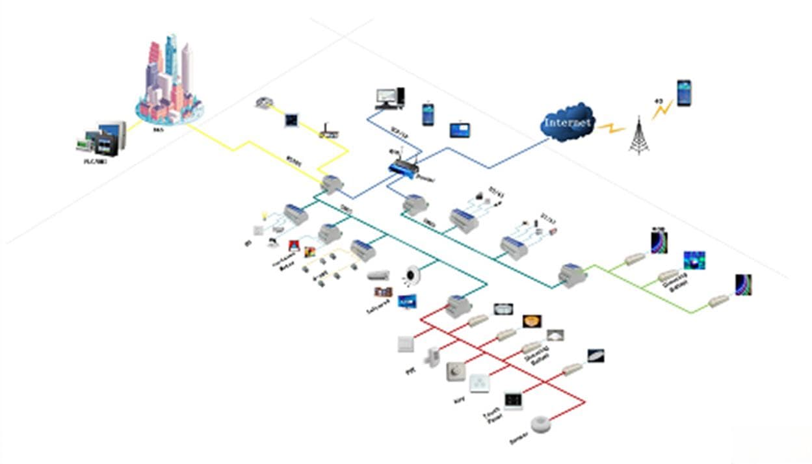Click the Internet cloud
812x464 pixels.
point(568,122)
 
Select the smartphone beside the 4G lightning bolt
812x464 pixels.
point(683,93)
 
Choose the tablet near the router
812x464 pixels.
point(460,129)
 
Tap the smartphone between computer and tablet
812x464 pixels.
point(428,114)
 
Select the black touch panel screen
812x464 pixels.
point(513,400)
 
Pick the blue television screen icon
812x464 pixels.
point(407,302)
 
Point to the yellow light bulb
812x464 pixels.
point(265,214)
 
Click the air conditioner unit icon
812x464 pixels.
point(378,276)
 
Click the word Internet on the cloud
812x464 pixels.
point(568,122)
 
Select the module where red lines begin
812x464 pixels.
point(459,305)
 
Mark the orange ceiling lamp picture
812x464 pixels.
point(532,321)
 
